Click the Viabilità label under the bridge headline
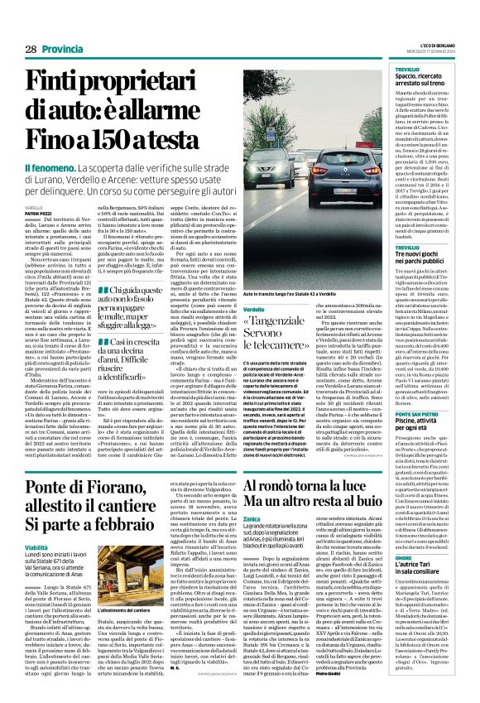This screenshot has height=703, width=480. (x=37, y=524)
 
